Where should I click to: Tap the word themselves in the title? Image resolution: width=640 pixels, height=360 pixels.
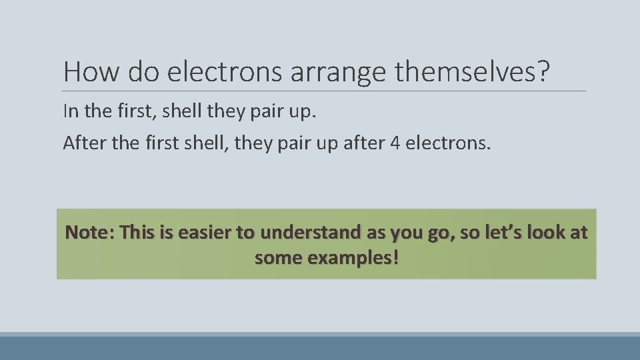pos(467,71)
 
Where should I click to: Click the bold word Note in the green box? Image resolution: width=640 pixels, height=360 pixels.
pos(89,233)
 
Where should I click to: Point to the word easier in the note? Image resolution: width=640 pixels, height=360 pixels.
pos(204,233)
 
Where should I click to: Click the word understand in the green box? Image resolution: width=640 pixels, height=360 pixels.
pos(307,233)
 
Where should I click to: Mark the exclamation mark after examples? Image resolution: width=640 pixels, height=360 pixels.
pos(396,257)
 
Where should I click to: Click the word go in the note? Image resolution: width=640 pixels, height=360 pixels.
pos(437,233)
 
